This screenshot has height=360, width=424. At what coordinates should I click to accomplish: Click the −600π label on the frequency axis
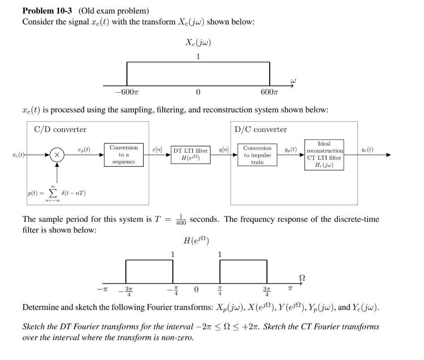pos(126,92)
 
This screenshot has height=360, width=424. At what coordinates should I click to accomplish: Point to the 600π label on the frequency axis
pos(270,92)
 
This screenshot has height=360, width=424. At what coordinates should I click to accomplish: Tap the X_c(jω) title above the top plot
pos(198,43)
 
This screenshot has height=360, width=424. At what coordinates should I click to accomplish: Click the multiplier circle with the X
pos(57,155)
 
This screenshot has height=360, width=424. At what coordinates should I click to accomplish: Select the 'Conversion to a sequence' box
pos(123,155)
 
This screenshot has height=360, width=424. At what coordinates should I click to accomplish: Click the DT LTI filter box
pos(190,154)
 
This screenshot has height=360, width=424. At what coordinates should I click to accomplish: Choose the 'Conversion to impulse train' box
pos(257,155)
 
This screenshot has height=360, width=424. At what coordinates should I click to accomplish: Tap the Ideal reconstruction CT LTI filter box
pos(324,155)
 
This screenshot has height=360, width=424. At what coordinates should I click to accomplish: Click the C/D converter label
pos(60,130)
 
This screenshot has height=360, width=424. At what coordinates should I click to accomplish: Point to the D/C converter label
pos(260,130)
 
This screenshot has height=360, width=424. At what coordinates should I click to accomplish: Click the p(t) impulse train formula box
pos(56,193)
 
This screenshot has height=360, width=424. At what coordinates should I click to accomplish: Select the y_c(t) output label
pos(366,149)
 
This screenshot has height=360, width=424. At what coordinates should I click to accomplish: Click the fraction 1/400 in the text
pos(181,219)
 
